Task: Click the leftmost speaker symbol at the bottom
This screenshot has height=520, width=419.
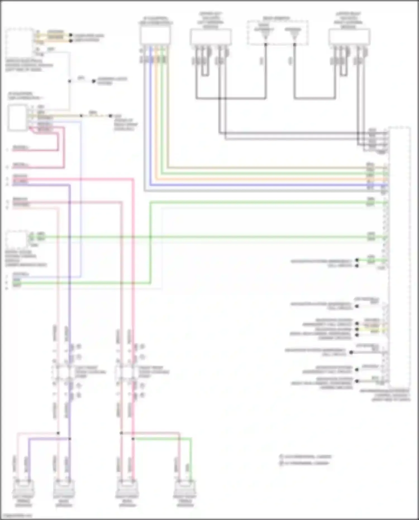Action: [x=23, y=487]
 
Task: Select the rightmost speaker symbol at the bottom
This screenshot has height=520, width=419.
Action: [x=185, y=487]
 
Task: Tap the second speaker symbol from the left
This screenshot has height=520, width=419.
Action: [x=64, y=487]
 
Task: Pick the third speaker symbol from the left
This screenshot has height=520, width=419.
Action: [x=127, y=487]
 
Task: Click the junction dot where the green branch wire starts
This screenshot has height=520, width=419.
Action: [x=133, y=439]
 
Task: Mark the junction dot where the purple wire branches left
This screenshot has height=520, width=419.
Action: [x=70, y=439]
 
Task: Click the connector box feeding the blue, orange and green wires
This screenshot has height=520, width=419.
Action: [x=155, y=36]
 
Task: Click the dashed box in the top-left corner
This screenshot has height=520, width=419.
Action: [x=19, y=42]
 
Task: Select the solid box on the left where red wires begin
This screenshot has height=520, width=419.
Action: [x=17, y=117]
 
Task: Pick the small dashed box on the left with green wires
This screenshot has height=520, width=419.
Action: [x=17, y=239]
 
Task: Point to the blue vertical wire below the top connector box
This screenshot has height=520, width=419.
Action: [x=151, y=117]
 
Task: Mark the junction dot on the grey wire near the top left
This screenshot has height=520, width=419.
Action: [x=70, y=81]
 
